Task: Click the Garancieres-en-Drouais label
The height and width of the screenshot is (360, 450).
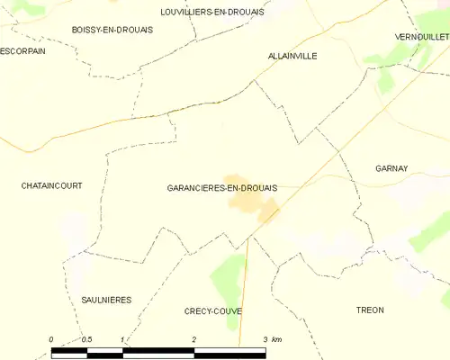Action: tap(221, 187)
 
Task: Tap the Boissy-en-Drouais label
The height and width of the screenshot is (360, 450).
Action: tap(112, 30)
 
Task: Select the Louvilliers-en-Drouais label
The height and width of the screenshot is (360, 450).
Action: tap(212, 12)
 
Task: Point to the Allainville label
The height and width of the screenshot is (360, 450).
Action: tap(292, 56)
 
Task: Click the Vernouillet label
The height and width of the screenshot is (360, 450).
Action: tap(421, 36)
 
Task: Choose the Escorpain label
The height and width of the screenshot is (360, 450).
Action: tap(22, 51)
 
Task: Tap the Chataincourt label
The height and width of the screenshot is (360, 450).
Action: tap(51, 185)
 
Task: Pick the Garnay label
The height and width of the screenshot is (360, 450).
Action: tap(391, 168)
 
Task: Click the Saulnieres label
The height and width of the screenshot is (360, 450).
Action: tap(106, 300)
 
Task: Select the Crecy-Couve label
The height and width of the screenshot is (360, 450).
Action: tap(211, 310)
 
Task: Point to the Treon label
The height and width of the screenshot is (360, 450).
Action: tap(370, 310)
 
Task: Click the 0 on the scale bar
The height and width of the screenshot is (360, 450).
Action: tap(51, 339)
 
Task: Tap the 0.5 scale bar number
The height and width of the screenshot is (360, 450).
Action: tap(86, 339)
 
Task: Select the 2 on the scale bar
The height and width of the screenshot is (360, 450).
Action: tap(193, 339)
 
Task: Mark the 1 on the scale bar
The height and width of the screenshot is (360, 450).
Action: tap(122, 339)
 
